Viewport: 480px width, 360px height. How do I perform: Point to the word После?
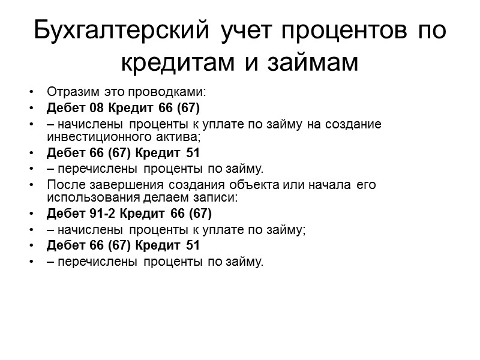click(62, 184)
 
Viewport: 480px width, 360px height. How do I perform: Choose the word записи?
click(218, 197)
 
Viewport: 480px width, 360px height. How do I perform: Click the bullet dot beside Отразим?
click(31, 94)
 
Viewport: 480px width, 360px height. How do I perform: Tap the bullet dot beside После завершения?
click(31, 185)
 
